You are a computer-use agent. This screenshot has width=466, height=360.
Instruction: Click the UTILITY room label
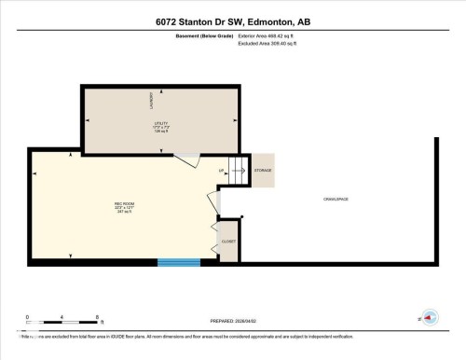click(159, 122)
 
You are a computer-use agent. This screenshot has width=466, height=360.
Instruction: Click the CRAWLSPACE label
click(336, 200)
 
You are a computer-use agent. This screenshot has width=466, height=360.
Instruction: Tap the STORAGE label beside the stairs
click(264, 171)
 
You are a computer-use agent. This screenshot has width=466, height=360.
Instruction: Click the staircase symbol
click(240, 170)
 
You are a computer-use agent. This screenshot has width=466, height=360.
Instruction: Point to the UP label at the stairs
click(222, 171)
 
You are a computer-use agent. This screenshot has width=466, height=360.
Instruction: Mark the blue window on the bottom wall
click(178, 263)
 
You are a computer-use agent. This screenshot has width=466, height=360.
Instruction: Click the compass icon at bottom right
click(430, 318)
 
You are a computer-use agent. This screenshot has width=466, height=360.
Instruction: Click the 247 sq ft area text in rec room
click(122, 212)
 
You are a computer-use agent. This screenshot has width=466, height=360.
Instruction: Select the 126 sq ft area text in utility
click(159, 132)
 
